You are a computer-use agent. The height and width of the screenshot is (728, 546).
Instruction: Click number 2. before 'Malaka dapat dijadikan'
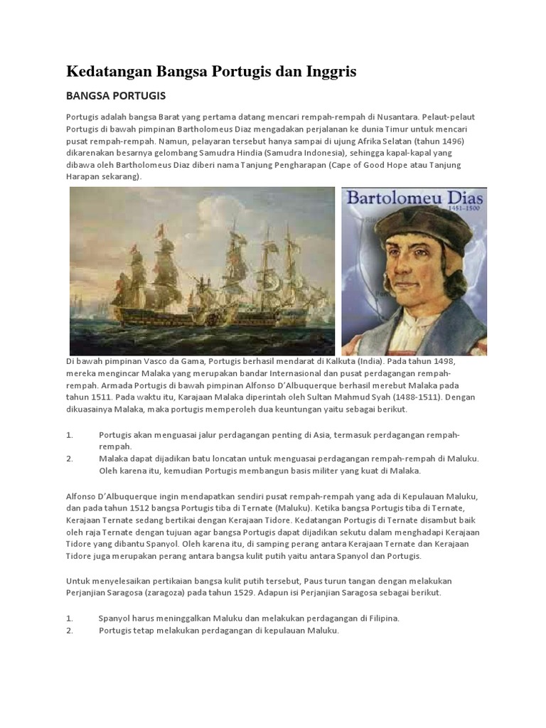(70, 459)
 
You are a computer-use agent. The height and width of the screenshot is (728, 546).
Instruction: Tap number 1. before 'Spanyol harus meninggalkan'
(70, 619)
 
